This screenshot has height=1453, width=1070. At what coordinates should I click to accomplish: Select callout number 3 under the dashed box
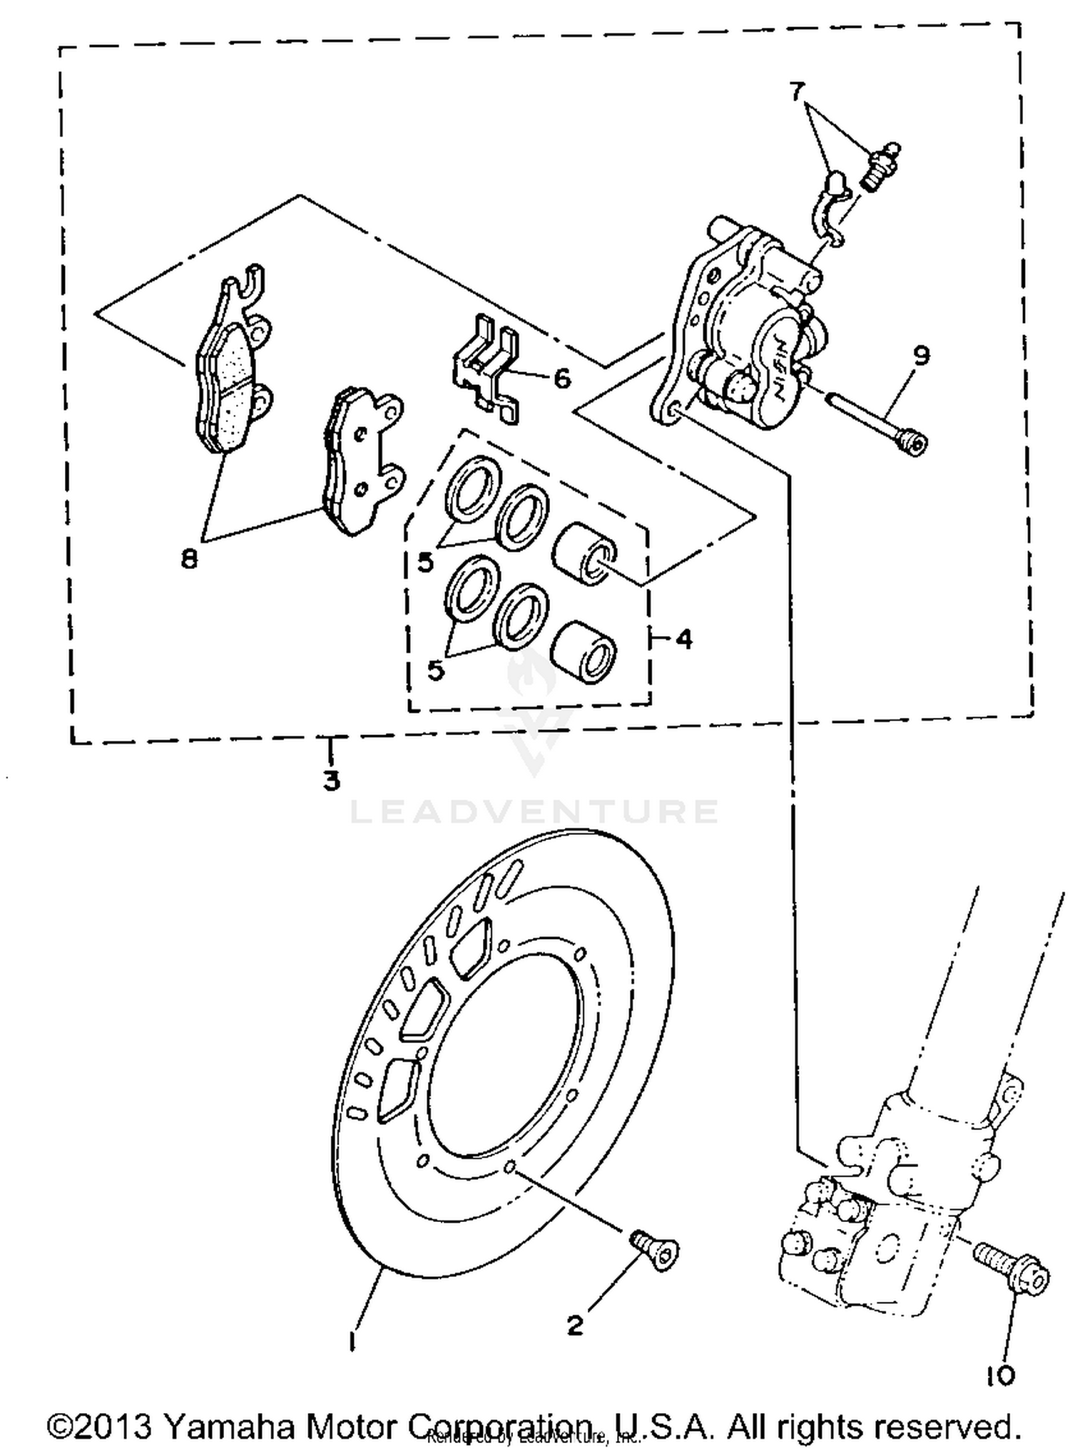tap(331, 780)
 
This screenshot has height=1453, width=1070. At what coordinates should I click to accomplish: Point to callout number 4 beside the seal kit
tap(683, 640)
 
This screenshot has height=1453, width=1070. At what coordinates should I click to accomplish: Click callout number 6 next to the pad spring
tap(562, 379)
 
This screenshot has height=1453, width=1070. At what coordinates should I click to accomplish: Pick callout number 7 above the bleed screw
tap(797, 91)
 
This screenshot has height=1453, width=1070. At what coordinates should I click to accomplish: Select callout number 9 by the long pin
tap(921, 354)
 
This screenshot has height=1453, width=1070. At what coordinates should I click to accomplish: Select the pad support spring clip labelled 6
tap(485, 371)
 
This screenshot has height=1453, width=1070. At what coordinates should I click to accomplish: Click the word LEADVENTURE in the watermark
tap(534, 812)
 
